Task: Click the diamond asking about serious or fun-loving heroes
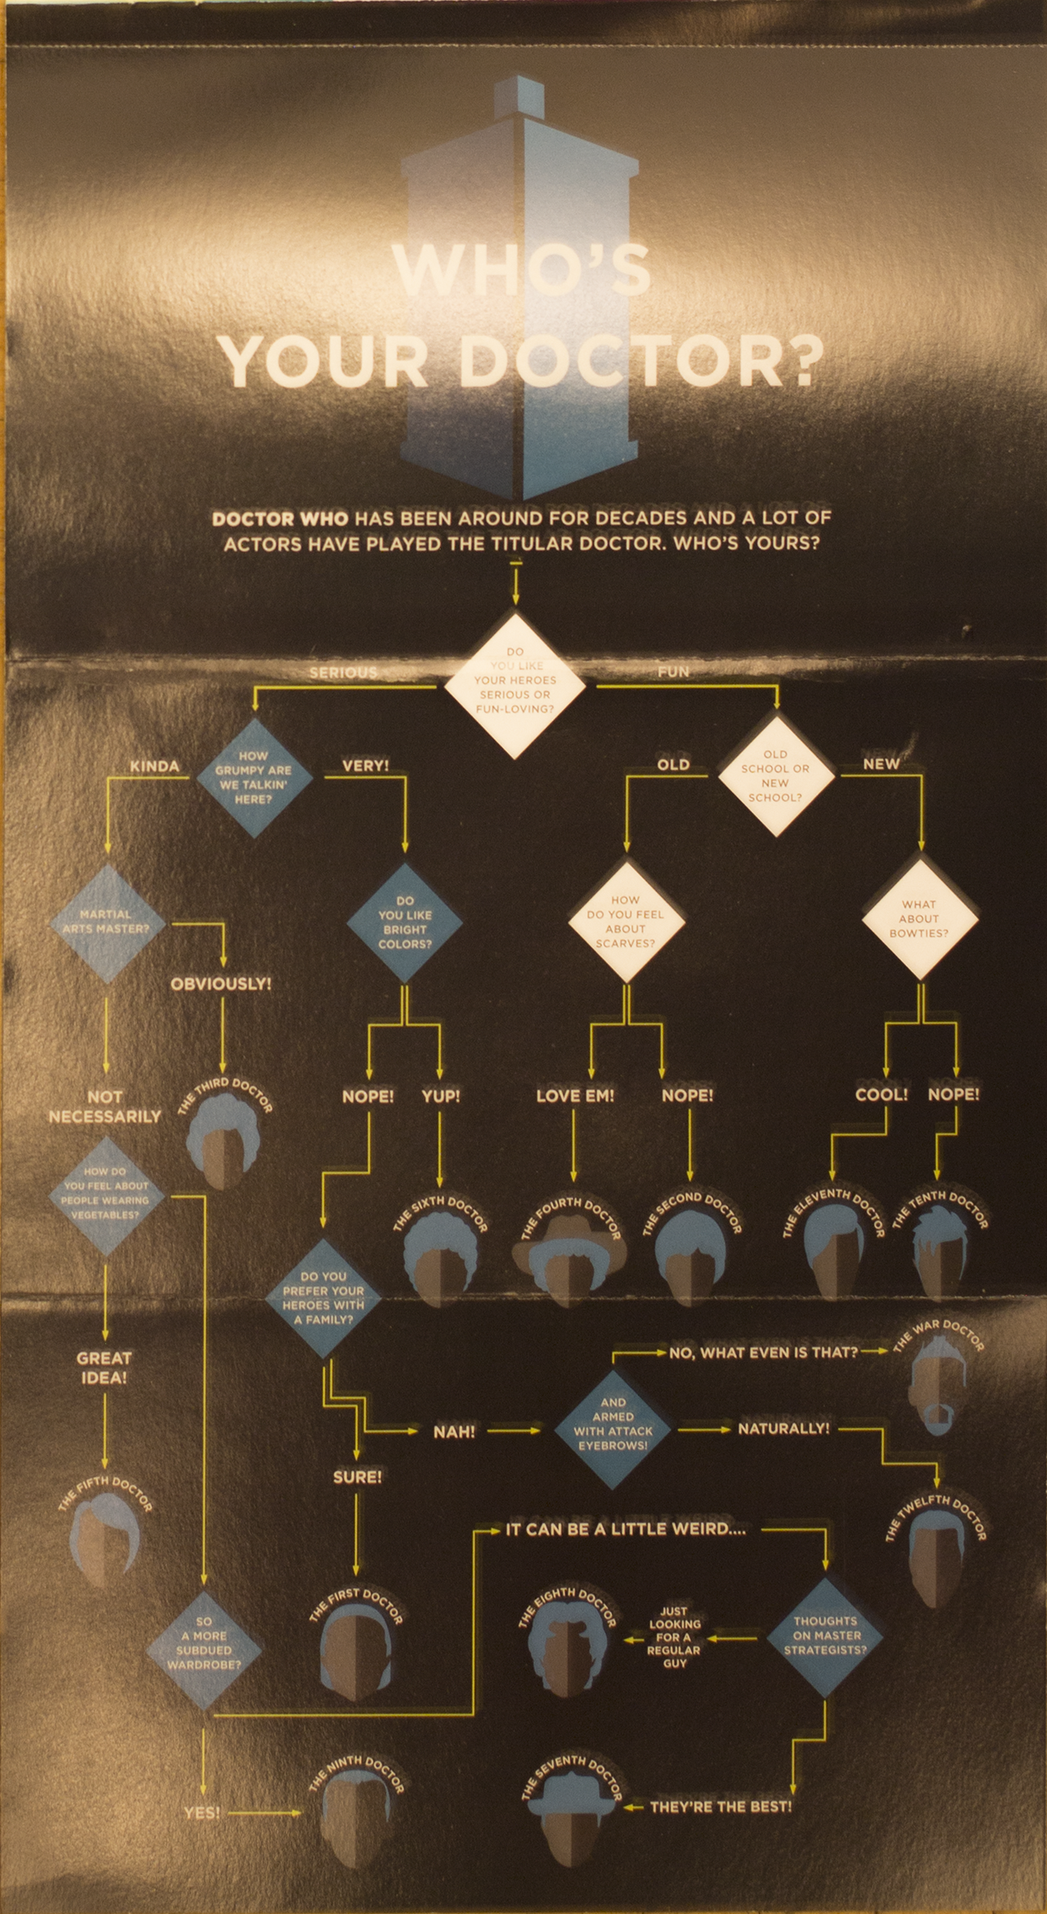pyautogui.click(x=515, y=686)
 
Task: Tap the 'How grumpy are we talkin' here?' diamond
pyautogui.click(x=253, y=777)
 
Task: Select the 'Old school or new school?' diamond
pyautogui.click(x=775, y=775)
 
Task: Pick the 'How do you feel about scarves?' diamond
pyautogui.click(x=625, y=921)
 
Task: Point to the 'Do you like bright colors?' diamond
pyautogui.click(x=404, y=922)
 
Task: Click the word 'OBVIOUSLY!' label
pyautogui.click(x=221, y=984)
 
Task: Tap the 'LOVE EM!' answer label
pyautogui.click(x=575, y=1095)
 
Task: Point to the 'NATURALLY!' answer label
pyautogui.click(x=784, y=1429)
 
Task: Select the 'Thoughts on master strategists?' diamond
pyautogui.click(x=825, y=1635)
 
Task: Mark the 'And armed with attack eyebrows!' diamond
pyautogui.click(x=613, y=1430)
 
